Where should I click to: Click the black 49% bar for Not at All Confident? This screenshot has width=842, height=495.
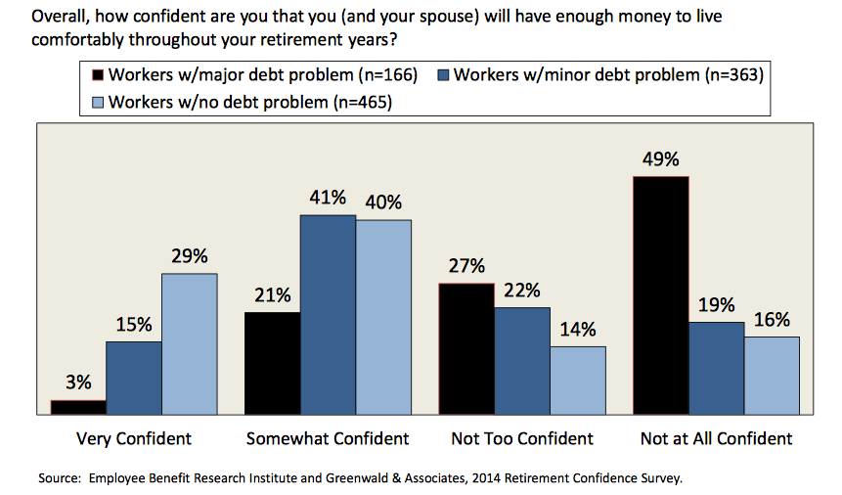tap(660, 295)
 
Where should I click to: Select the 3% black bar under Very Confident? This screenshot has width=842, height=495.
tap(78, 407)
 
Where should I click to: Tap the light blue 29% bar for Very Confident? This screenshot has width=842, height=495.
tap(189, 343)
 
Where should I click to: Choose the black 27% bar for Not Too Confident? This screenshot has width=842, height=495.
tap(466, 348)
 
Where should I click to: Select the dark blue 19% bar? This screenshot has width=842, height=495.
tap(716, 368)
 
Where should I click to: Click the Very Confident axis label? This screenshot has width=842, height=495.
tap(134, 438)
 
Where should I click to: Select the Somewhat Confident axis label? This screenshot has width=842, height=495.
tap(328, 438)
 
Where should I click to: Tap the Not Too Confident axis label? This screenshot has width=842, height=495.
tap(522, 438)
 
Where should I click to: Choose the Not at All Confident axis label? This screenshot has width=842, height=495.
tap(716, 438)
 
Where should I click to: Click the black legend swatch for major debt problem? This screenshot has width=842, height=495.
tap(97, 75)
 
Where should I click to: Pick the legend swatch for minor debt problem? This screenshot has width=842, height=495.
tap(442, 75)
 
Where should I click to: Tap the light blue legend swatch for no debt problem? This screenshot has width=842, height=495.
tap(97, 102)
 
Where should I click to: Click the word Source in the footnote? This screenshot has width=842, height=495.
tap(60, 479)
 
